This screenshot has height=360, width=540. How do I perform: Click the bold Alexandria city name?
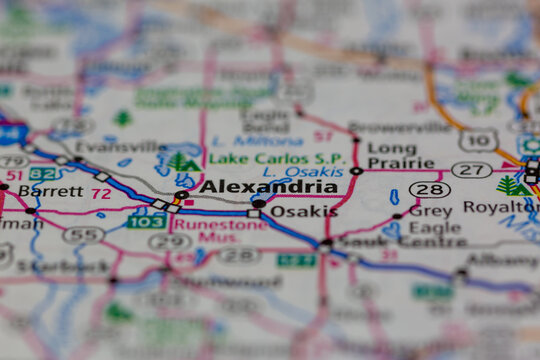pyautogui.click(x=268, y=186)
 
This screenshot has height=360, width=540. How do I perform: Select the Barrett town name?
pyautogui.click(x=49, y=190)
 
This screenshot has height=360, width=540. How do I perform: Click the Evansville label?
pyautogui.click(x=117, y=146)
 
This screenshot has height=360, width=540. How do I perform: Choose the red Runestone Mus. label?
pyautogui.click(x=220, y=232)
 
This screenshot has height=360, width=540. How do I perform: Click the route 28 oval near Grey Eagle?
pyautogui.click(x=429, y=189)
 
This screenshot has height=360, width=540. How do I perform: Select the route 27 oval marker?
pyautogui.click(x=471, y=169)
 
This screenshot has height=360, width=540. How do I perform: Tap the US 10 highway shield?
pyautogui.click(x=478, y=140)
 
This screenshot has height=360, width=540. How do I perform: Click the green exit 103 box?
pyautogui.click(x=146, y=221)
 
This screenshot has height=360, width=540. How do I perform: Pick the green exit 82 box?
pyautogui.click(x=44, y=173)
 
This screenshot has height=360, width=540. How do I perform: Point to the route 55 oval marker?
pyautogui.click(x=83, y=235)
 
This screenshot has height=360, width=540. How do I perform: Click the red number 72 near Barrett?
pyautogui.click(x=100, y=193)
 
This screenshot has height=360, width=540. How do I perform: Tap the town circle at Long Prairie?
pyautogui.click(x=356, y=171)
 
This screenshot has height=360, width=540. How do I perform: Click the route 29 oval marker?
pyautogui.click(x=169, y=241)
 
